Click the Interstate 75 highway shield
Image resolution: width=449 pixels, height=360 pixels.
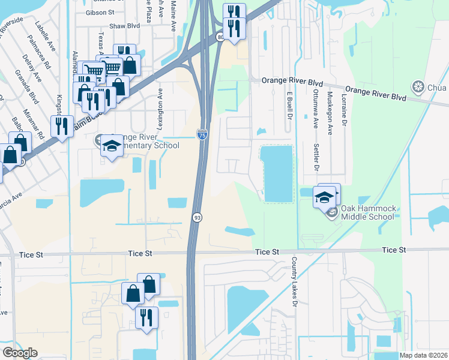[x=202, y=134]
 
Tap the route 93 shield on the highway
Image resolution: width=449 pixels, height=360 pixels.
[x=196, y=217]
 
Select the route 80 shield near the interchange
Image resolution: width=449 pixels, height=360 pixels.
[x=221, y=37]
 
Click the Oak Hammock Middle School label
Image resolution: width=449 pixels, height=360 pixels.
[x=369, y=212]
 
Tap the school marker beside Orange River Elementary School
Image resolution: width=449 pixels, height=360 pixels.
[x=112, y=146]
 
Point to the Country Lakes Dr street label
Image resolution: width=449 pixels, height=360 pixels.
[x=295, y=283]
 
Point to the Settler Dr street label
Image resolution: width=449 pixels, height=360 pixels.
[x=316, y=157]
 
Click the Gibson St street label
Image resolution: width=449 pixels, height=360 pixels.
[x=104, y=12]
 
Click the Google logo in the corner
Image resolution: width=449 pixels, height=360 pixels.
[x=19, y=353]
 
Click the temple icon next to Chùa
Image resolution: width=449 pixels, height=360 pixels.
[x=417, y=88]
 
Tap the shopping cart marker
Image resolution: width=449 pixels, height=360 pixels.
[x=94, y=71]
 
